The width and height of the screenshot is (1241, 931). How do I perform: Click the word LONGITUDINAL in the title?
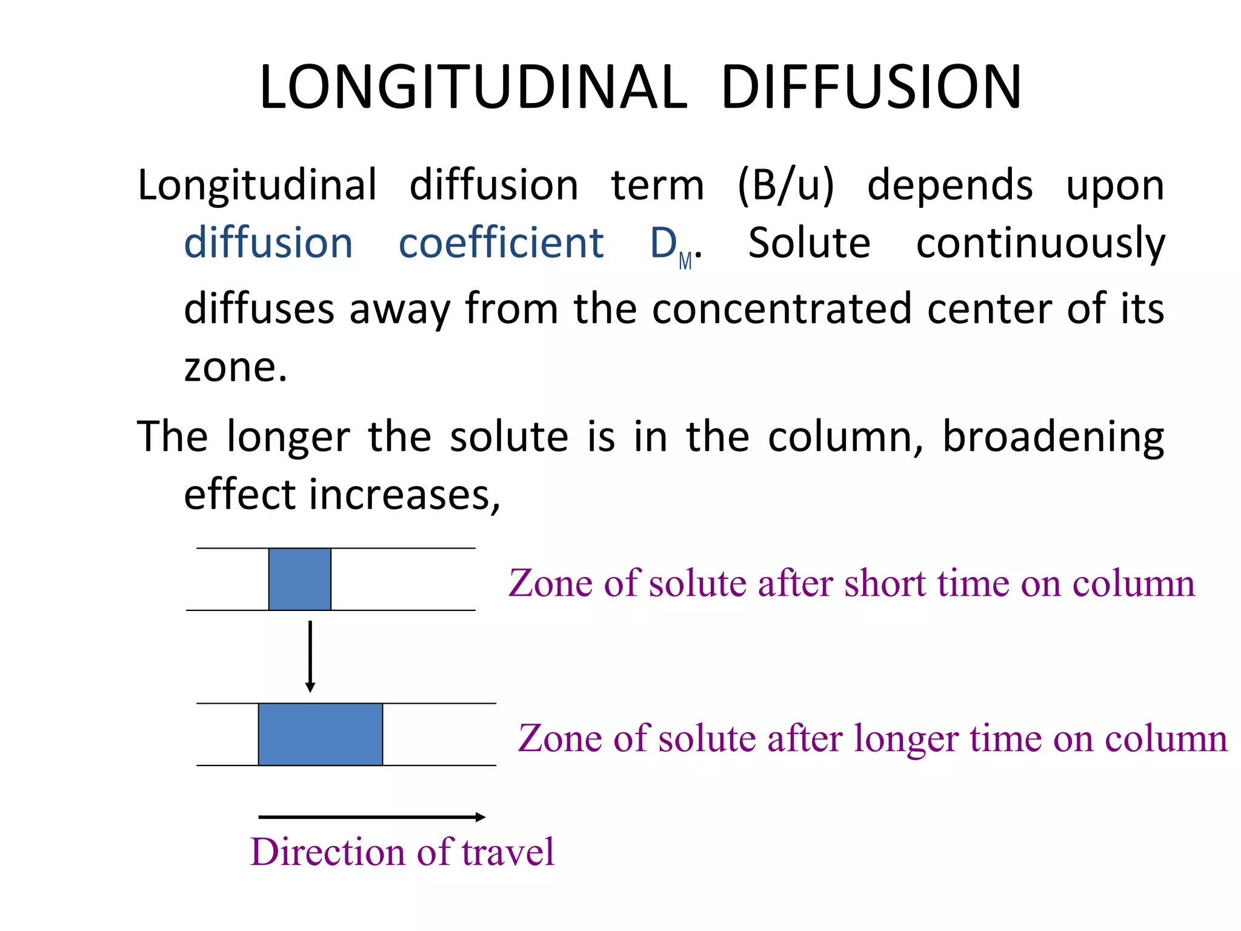473,88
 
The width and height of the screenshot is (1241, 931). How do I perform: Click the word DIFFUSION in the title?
871,88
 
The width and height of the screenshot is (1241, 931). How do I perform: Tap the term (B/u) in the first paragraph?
785,185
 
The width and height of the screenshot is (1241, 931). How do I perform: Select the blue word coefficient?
501,243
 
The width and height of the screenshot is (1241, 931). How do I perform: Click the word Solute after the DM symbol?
809,243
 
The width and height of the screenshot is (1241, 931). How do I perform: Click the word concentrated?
782,309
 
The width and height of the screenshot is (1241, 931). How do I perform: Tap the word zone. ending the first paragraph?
235,368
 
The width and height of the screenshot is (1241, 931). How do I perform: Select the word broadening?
1053,437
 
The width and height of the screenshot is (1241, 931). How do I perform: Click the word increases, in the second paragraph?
404,495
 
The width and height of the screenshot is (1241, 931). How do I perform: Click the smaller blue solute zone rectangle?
300,579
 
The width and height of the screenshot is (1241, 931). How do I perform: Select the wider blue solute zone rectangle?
321,734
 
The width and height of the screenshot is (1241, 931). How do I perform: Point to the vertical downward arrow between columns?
310,656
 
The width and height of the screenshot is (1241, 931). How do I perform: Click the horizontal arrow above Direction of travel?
371,817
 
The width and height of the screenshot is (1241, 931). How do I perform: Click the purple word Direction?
327,852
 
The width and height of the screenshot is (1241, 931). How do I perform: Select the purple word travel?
507,852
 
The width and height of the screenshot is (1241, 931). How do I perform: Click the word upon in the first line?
1114,186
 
